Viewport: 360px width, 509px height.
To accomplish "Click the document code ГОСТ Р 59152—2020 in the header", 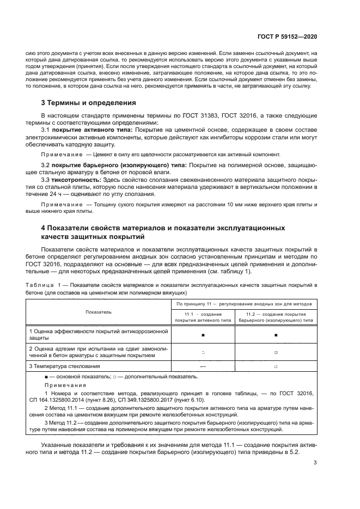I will point(287,36).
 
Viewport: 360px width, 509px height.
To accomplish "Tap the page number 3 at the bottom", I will point(315,463).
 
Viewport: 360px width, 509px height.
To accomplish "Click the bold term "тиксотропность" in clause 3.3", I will point(74,179).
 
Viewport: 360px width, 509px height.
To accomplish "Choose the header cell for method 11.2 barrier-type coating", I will point(276,317).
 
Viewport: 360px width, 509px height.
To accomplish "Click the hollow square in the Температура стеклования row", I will point(276,366).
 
